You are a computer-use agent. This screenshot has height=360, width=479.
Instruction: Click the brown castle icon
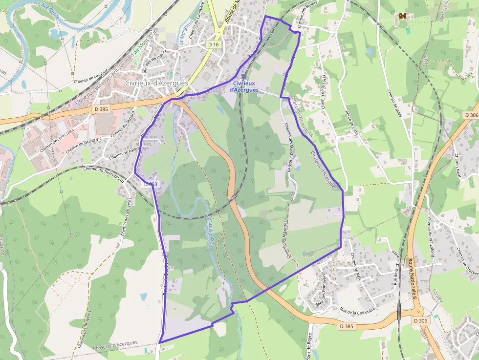[x=403, y=17]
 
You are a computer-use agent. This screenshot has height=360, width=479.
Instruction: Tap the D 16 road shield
[x=213, y=44]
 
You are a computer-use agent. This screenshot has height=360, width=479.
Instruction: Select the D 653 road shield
[x=150, y=185]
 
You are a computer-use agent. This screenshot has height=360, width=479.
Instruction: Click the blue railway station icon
[x=244, y=77]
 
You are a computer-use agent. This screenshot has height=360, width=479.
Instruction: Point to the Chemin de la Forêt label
[x=324, y=91]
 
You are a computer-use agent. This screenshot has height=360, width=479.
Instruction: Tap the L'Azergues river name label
[x=49, y=9]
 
